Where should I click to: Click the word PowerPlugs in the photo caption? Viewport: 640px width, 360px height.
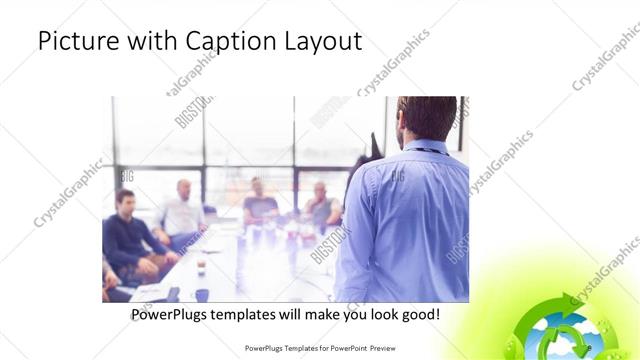click(173, 315)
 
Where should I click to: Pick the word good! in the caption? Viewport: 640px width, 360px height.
click(417, 315)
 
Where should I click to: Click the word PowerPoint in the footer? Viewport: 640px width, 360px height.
click(348, 348)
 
